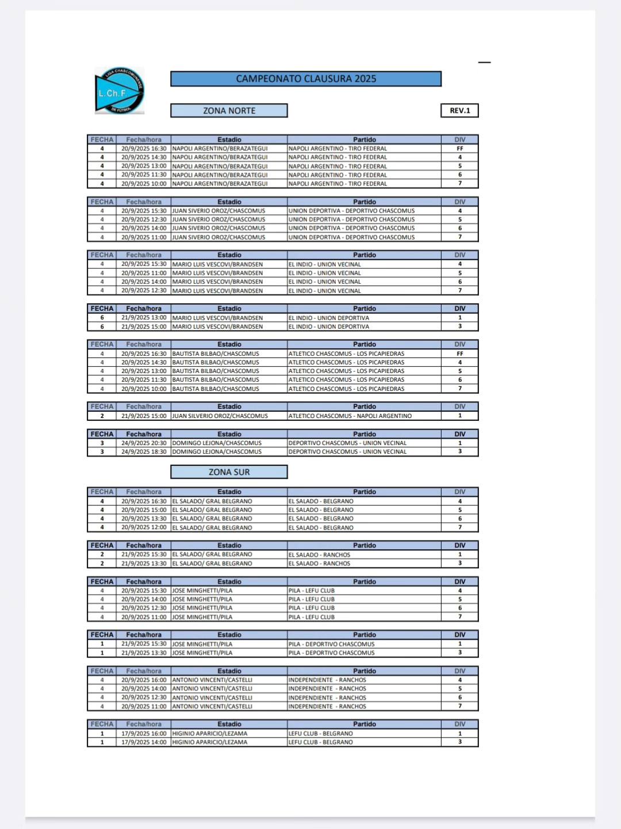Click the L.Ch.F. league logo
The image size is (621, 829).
click(x=120, y=91)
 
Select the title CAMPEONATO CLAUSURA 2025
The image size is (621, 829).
click(x=306, y=79)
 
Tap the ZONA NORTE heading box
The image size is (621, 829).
click(x=229, y=111)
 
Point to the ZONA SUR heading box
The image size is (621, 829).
click(x=229, y=472)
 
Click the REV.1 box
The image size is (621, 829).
click(x=459, y=111)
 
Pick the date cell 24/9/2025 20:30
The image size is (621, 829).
click(x=144, y=443)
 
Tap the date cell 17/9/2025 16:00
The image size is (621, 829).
click(x=144, y=733)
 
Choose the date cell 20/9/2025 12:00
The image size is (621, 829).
click(x=144, y=527)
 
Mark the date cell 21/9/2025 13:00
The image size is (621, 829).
click(x=144, y=318)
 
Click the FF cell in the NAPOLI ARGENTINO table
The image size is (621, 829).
click(x=459, y=149)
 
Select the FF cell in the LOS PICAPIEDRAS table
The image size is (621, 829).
click(x=459, y=353)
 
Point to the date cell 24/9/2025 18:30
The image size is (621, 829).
click(x=144, y=452)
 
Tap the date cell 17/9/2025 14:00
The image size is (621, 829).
click(x=144, y=742)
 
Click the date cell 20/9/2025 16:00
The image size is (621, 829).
click(x=144, y=680)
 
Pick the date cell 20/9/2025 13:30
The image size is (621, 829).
click(x=144, y=519)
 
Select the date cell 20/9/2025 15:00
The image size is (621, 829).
click(x=144, y=510)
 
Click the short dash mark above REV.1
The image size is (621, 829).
click(x=485, y=62)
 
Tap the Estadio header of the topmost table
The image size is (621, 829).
click(x=229, y=140)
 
